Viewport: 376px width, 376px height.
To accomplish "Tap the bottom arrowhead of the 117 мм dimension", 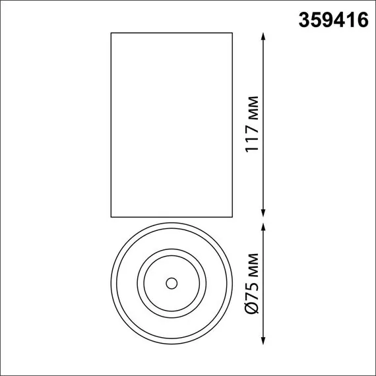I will pyautogui.click(x=265, y=212).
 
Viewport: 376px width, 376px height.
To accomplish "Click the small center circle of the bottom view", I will pyautogui.click(x=171, y=283).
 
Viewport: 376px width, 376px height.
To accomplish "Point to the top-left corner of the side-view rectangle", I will pyautogui.click(x=110, y=32).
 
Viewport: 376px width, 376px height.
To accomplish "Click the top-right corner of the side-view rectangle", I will pyautogui.click(x=233, y=32).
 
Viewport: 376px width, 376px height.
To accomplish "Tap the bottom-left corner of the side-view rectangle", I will pyautogui.click(x=110, y=216).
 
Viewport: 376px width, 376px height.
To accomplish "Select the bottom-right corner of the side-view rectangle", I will pyautogui.click(x=233, y=216).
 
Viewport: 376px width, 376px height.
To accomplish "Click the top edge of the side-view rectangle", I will pyautogui.click(x=172, y=32).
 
